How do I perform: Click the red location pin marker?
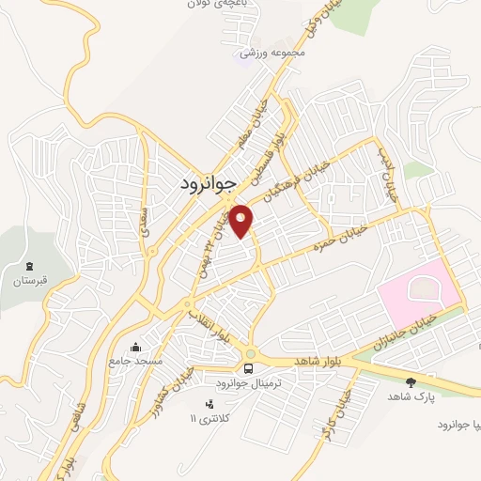[241, 221]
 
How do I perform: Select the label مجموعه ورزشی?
[273, 53]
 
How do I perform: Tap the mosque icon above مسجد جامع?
[138, 347]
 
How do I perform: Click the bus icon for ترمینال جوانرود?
[249, 368]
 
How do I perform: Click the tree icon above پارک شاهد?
[411, 381]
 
